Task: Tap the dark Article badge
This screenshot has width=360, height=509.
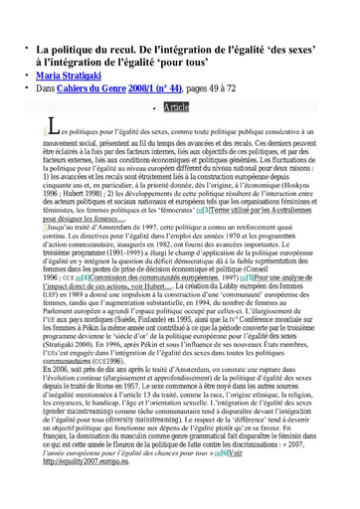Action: click(x=175, y=106)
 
